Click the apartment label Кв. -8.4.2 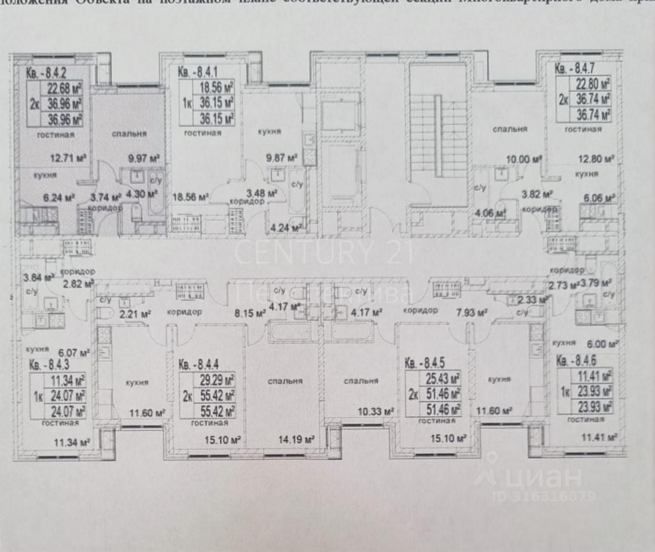[47, 71]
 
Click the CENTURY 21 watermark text [324, 252]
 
